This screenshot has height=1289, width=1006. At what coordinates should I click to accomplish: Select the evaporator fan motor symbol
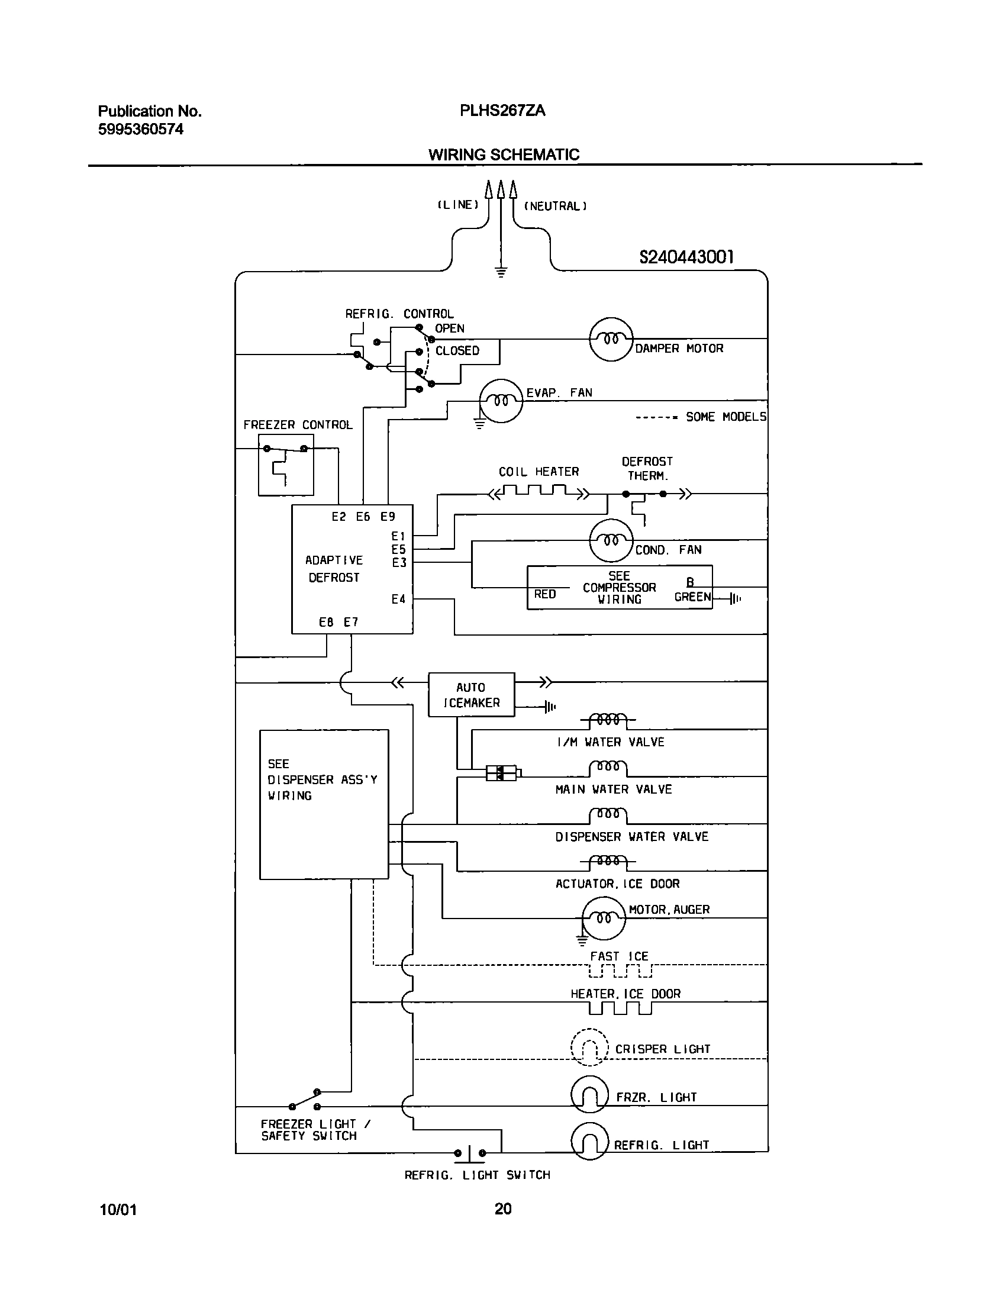tap(501, 401)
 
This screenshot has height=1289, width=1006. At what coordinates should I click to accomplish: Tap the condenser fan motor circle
tap(611, 540)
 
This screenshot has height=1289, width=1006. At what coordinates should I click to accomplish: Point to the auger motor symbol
tap(604, 918)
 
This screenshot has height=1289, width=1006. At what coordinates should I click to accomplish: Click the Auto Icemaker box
tap(471, 695)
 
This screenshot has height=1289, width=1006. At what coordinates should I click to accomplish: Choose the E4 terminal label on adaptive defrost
tap(398, 599)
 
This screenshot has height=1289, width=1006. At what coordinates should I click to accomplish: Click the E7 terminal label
tap(351, 622)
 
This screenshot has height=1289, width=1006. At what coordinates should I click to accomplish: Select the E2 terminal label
tap(338, 517)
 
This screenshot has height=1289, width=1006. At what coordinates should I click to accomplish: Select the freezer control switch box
tap(286, 465)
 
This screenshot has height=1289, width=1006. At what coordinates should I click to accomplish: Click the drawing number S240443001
tap(686, 257)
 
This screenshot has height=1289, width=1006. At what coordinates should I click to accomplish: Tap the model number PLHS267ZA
tap(502, 111)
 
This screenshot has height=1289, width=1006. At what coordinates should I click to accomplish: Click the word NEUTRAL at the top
tap(555, 206)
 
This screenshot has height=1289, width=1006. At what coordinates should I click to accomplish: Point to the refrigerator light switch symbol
tap(470, 1153)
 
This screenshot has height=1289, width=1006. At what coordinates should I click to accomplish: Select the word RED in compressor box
tap(544, 594)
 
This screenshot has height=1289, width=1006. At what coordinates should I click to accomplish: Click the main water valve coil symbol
tap(608, 768)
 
